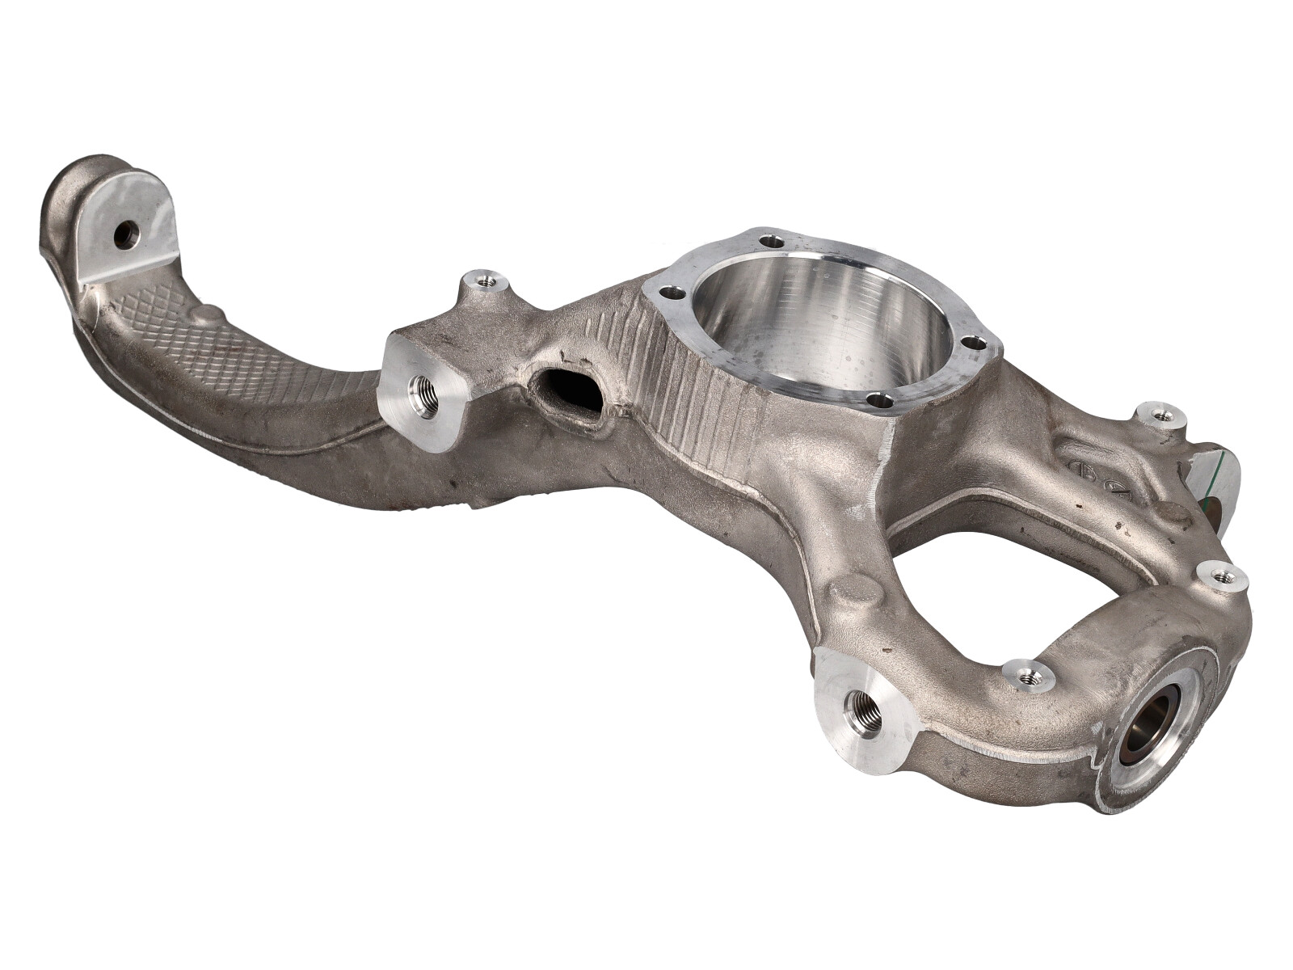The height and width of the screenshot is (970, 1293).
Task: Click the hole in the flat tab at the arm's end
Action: [x=127, y=235]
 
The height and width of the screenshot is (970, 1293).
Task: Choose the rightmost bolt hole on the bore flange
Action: [x=977, y=343]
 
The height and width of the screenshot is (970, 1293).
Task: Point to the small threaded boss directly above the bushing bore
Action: [x=1219, y=576]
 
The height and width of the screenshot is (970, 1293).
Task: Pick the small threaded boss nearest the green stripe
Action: [x=1161, y=415]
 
